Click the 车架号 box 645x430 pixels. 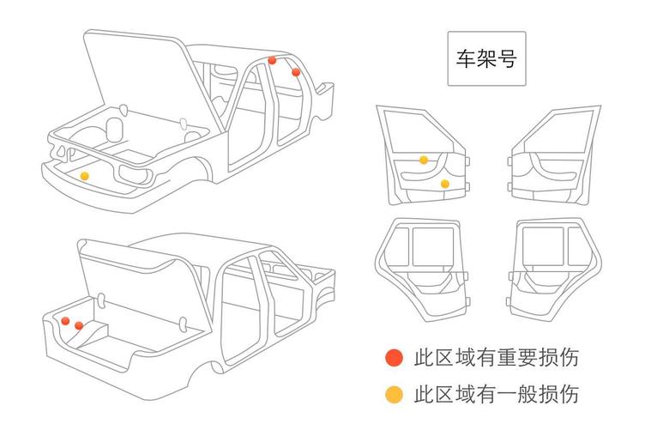(x=486, y=59)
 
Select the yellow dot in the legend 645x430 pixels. (x=394, y=394)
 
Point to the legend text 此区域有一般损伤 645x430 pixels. (x=496, y=394)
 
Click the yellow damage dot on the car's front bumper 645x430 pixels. (x=84, y=176)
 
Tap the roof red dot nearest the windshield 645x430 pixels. (x=272, y=61)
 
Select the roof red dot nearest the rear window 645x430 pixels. (x=296, y=72)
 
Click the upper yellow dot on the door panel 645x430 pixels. (x=424, y=160)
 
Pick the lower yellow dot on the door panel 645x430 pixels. (x=444, y=184)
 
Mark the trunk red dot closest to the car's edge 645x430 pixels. (x=65, y=320)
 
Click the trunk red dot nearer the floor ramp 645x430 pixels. (x=78, y=325)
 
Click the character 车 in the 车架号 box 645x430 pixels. (x=465, y=59)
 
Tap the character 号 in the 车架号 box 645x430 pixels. (x=507, y=59)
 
